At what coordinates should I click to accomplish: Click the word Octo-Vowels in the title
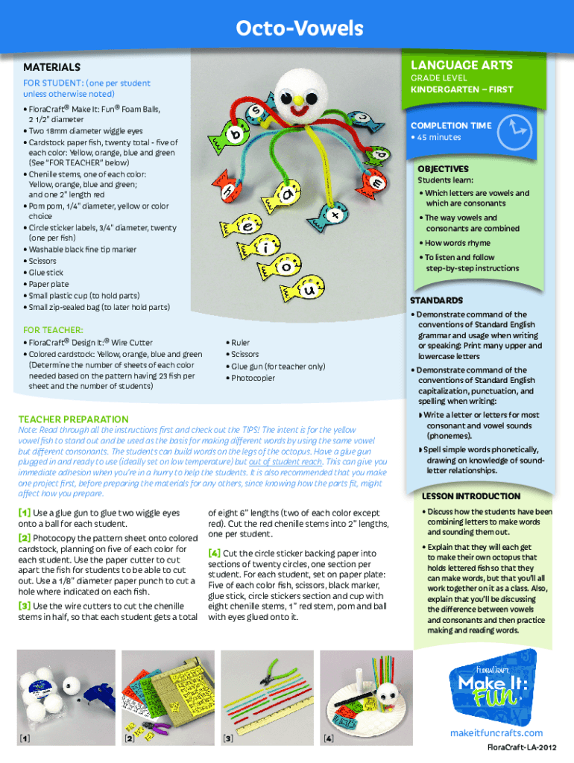coord(299,29)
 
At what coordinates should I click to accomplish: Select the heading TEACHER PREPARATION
coord(73,420)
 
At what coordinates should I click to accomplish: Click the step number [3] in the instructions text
coord(24,606)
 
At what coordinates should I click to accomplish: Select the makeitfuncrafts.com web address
coord(496,733)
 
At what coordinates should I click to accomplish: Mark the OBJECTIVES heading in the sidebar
coord(443,169)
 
